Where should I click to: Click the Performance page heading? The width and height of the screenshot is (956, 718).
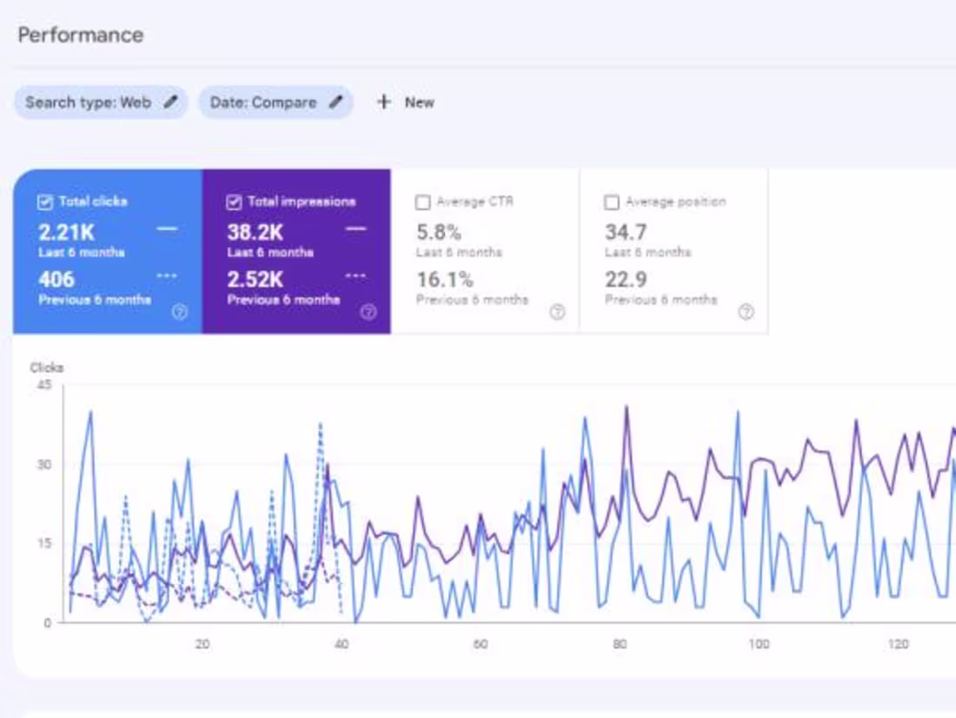(x=80, y=36)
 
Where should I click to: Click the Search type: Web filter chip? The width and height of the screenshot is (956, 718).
(x=88, y=103)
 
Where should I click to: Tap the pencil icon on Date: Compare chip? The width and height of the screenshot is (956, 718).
(x=335, y=103)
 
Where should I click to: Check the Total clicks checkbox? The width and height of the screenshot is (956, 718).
(x=45, y=202)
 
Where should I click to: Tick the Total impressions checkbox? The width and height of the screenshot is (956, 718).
(x=233, y=202)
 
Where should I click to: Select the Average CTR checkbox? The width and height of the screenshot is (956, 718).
(x=423, y=202)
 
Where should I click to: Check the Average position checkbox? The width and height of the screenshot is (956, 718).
(x=612, y=202)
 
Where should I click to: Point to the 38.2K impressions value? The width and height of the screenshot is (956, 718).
(x=254, y=232)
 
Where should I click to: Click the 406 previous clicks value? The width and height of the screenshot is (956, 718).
(x=56, y=280)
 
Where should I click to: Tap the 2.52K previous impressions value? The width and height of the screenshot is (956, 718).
(x=256, y=280)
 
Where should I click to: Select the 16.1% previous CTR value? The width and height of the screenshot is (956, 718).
(x=444, y=280)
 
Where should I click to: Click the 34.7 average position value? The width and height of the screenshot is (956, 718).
(x=626, y=232)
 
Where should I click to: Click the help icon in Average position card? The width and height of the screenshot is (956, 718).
(x=746, y=312)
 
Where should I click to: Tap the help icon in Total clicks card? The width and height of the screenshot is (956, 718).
(x=180, y=312)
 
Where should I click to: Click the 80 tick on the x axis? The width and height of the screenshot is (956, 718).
(x=620, y=644)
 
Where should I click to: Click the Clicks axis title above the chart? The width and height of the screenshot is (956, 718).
(x=47, y=368)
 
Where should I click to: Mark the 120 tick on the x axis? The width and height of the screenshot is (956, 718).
(x=899, y=644)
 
